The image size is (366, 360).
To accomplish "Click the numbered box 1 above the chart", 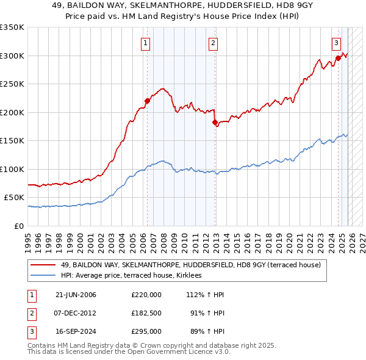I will (x=146, y=43).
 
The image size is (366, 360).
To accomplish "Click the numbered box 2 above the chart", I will (x=213, y=43).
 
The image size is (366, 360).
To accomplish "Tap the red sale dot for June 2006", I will (x=147, y=101).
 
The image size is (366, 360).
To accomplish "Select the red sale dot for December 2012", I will (x=215, y=122).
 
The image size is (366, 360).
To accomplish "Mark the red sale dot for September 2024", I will (x=338, y=59).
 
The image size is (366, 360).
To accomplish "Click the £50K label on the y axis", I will (x=13, y=198).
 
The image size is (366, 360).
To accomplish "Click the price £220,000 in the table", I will (x=146, y=295).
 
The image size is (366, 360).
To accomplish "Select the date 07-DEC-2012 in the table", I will (x=76, y=314).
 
